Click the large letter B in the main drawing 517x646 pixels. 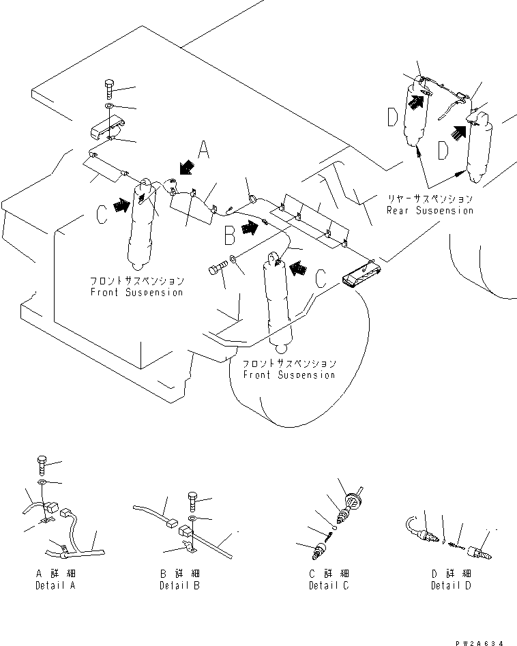(229, 237)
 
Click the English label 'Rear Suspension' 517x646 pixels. (429, 210)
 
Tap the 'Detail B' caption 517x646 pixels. (181, 586)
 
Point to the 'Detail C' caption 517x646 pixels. (329, 586)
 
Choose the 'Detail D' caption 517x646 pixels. (451, 586)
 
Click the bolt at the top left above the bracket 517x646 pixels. (110, 88)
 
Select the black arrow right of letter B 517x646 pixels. (250, 229)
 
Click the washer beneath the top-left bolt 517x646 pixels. (110, 108)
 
